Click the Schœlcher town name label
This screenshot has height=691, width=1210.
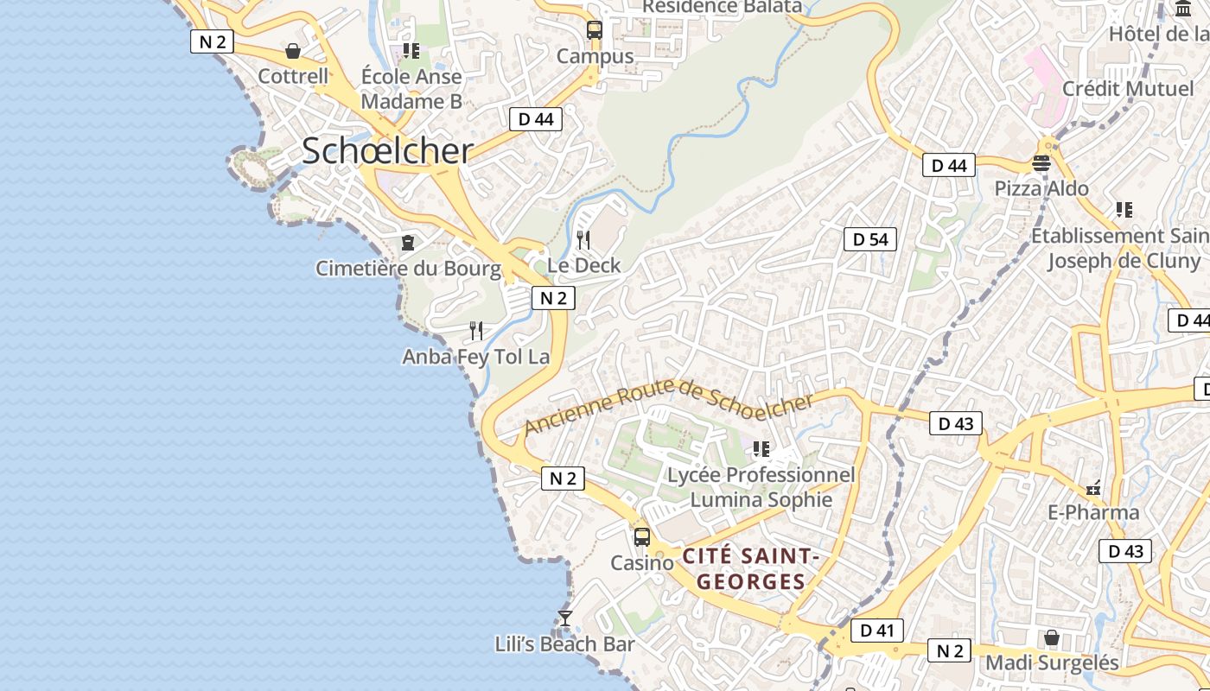[x=387, y=151]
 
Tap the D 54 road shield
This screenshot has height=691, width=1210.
[x=870, y=239]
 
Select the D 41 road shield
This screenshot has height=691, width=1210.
[x=877, y=631]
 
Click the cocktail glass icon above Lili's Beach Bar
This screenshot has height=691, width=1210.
[x=565, y=618]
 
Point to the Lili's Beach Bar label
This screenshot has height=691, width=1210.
[x=564, y=644]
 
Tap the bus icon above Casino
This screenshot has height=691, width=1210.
[x=641, y=536]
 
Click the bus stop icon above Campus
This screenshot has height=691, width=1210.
[x=594, y=29]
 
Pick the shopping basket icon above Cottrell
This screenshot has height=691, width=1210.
[x=293, y=51]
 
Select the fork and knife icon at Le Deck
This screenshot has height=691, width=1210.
[x=583, y=239]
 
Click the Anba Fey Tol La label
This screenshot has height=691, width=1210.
[x=476, y=356]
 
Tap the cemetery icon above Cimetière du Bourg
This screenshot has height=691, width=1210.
[x=408, y=243]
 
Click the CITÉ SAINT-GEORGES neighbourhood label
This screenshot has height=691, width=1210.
[x=750, y=568]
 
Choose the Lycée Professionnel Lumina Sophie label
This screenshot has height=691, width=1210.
[x=761, y=487]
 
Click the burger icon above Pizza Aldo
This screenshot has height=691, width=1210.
[x=1041, y=162]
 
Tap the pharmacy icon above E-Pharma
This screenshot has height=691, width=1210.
[x=1093, y=488]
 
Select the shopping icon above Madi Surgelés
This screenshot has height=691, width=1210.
[x=1052, y=637]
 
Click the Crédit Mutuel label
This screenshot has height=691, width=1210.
[x=1128, y=89]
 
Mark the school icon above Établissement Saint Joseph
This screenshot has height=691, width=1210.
[x=1124, y=209]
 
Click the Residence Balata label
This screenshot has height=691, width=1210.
[x=722, y=7]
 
